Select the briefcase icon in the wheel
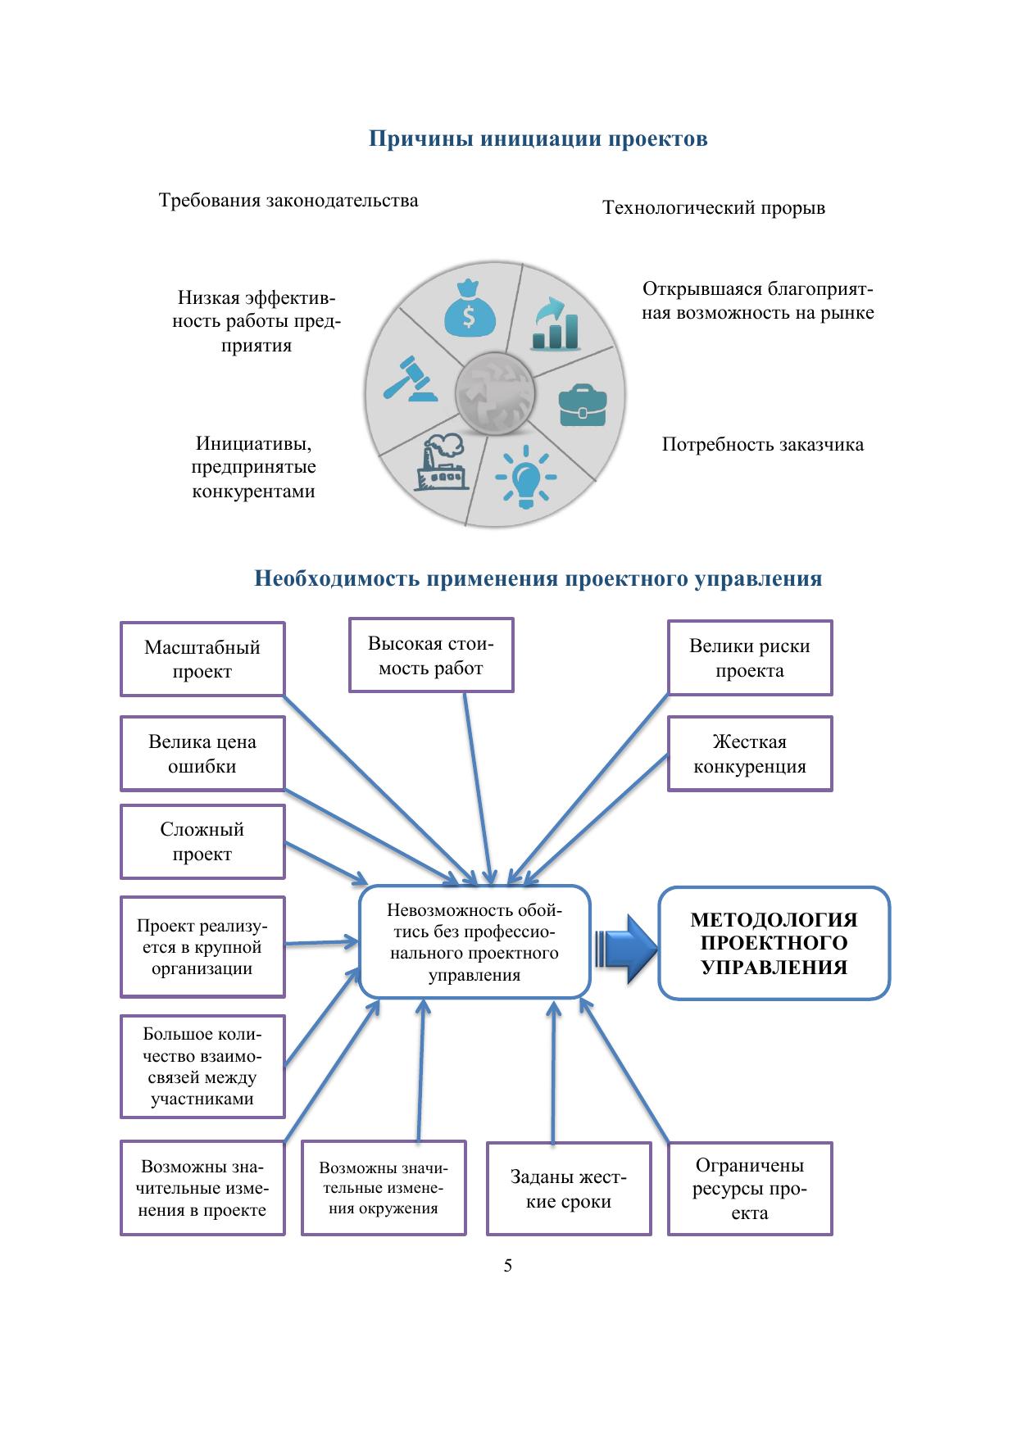[x=583, y=404]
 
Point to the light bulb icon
[x=525, y=476]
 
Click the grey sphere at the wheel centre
[x=495, y=393]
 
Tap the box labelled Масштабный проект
[x=202, y=660]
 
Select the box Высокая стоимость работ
[x=431, y=655]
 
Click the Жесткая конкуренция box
[x=750, y=754]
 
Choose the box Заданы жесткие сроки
[x=569, y=1189]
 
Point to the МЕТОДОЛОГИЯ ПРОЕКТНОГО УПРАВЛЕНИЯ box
[x=774, y=943]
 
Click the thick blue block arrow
[x=627, y=948]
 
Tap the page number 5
[x=508, y=1266]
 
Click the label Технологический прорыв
[x=714, y=208]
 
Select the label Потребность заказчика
[x=762, y=445]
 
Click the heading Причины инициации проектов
[x=538, y=138]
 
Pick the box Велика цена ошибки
[x=202, y=754]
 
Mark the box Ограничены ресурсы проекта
[x=750, y=1189]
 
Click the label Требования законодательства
[x=288, y=201]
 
